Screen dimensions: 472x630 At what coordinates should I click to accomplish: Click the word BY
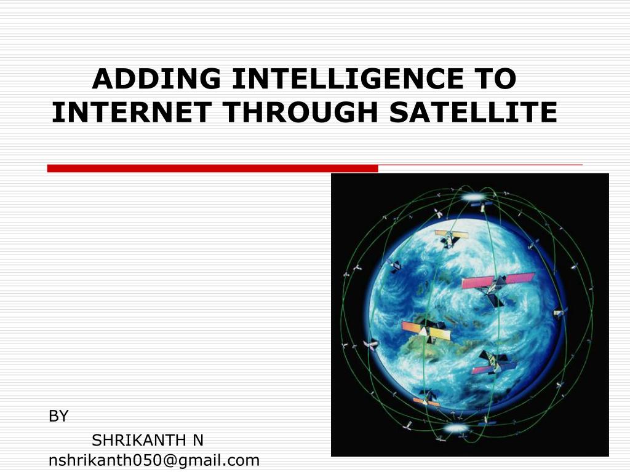pyautogui.click(x=58, y=417)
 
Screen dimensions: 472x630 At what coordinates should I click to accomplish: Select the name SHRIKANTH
pyautogui.click(x=138, y=440)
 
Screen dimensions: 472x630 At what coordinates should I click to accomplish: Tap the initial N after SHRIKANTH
pyautogui.click(x=197, y=440)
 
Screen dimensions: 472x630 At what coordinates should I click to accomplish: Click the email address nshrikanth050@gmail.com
pyautogui.click(x=154, y=460)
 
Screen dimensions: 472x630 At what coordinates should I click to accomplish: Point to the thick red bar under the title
pyautogui.click(x=212, y=168)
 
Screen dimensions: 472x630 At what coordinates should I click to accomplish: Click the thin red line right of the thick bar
pyautogui.click(x=480, y=165)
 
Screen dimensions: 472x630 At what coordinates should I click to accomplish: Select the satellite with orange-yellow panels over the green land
pyautogui.click(x=426, y=330)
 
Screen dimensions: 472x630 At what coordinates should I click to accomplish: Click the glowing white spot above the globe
pyautogui.click(x=474, y=197)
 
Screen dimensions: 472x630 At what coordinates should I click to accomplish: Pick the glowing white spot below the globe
pyautogui.click(x=456, y=427)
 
